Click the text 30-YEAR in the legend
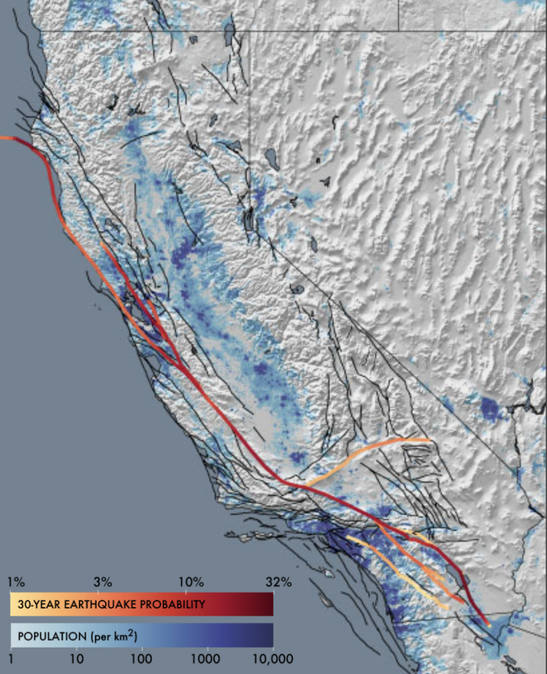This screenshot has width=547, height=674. [36, 604]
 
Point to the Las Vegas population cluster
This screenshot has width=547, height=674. [489, 408]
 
